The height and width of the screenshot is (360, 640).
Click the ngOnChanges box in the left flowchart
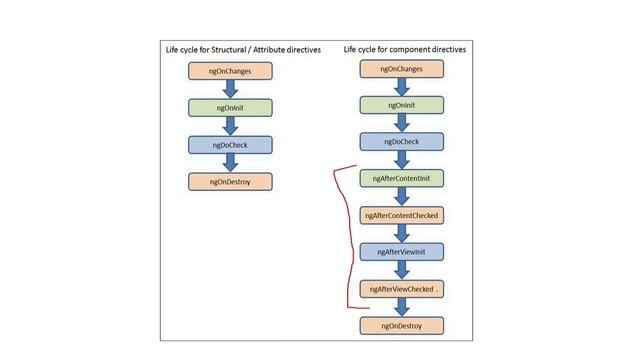[231, 71]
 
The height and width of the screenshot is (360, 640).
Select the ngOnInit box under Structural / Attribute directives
[231, 108]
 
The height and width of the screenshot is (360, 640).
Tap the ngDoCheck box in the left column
[231, 145]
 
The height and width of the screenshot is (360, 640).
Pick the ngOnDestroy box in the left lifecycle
[231, 182]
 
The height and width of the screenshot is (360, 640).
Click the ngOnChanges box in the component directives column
[402, 69]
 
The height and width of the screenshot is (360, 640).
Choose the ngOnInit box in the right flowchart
[402, 105]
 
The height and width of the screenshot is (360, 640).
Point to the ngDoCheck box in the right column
[402, 142]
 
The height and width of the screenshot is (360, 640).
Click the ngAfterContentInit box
[402, 178]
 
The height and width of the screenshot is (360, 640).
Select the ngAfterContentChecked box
[402, 215]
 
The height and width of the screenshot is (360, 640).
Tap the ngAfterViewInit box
[402, 251]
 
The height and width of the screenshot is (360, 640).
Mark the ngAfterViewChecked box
[402, 288]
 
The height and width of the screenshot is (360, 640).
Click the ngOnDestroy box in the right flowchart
[402, 325]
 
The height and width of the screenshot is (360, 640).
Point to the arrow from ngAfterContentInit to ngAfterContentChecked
[402, 197]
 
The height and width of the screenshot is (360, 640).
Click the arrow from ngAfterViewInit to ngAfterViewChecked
[402, 270]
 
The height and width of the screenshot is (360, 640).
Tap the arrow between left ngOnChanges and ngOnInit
[231, 90]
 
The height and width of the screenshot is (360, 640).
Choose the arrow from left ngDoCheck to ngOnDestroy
[231, 164]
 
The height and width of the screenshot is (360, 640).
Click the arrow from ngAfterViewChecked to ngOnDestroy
[402, 307]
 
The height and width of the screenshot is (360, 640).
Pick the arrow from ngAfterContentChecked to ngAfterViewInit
[402, 233]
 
